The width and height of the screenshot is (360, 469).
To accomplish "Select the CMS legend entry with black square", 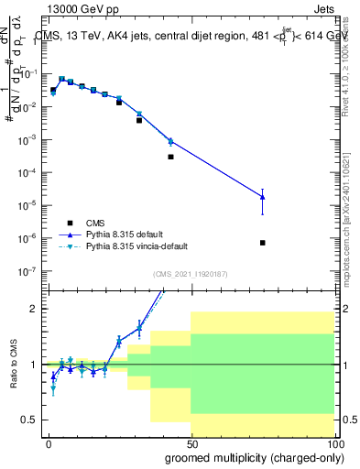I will pos(96,223).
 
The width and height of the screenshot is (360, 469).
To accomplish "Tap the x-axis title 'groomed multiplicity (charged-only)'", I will pos(250,455).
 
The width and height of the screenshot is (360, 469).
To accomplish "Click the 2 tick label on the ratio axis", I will pos(34,309).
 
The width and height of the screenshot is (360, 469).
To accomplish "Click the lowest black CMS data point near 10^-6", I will pos(262,243).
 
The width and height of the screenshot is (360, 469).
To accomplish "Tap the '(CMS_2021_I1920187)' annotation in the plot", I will pos(191,274).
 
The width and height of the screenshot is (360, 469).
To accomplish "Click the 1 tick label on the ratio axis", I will pos(34,365).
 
